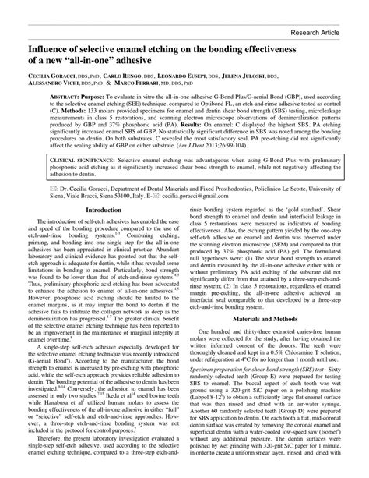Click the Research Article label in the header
pyautogui.click(x=323, y=34)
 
